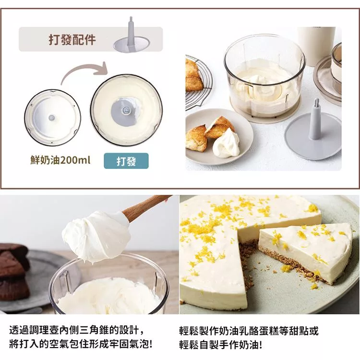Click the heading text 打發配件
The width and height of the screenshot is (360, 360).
(72, 40)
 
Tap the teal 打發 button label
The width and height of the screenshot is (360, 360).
(126, 161)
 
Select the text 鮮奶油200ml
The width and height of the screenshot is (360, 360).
(60, 160)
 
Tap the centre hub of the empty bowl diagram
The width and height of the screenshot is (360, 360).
(52, 117)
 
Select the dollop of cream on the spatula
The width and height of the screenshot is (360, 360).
(94, 237)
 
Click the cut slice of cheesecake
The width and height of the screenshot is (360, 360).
(305, 250)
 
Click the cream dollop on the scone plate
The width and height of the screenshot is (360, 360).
(227, 143)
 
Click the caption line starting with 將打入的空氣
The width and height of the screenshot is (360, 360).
(81, 345)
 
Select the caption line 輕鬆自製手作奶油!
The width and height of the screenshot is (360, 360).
(220, 345)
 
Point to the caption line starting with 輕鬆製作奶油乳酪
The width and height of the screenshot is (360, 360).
(249, 331)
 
